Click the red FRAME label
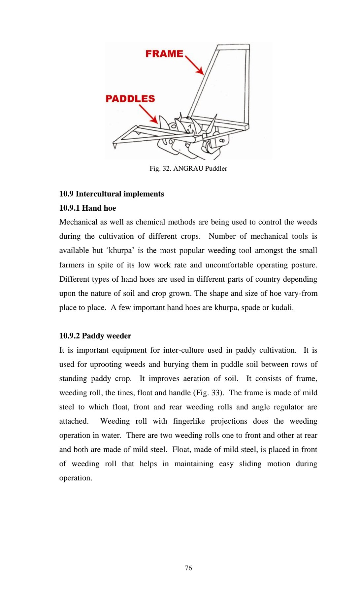coord(164,53)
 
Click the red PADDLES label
coord(130,99)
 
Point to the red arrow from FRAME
coord(195,65)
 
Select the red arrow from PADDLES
coord(148,114)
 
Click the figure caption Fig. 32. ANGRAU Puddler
coord(188,168)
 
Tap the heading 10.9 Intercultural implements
coord(112,194)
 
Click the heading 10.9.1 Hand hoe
coord(87,208)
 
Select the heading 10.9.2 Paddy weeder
coord(95,336)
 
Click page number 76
coord(188,568)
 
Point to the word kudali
coord(282,308)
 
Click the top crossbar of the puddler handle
coord(233,47)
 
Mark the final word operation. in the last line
coord(76,478)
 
